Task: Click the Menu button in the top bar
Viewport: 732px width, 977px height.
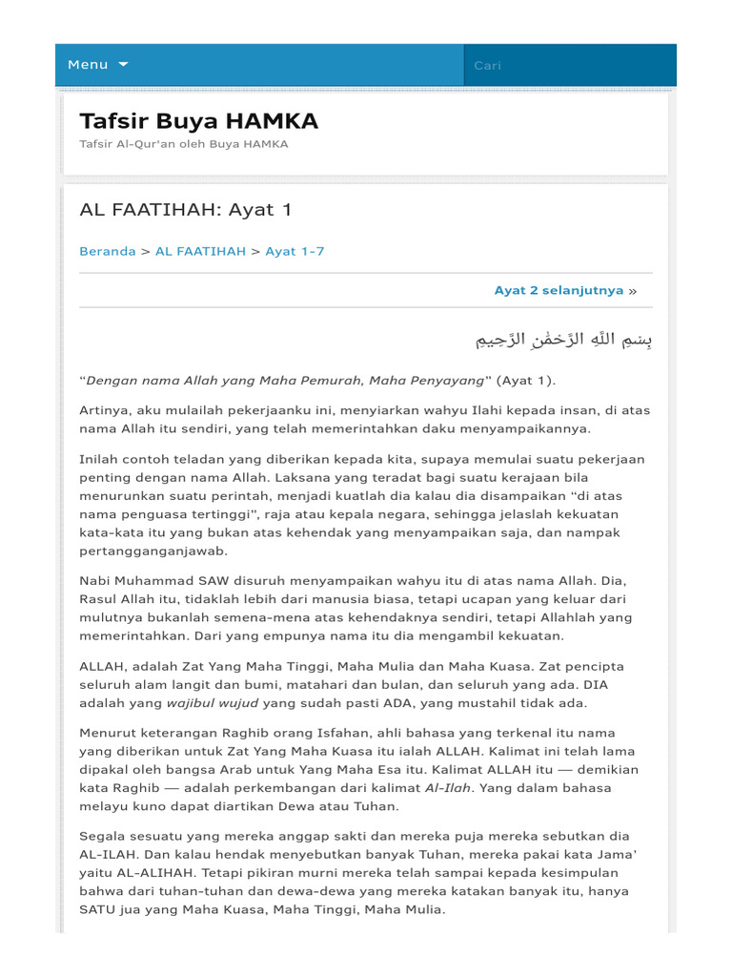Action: click(88, 65)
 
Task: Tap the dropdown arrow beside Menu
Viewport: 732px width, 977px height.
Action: click(123, 65)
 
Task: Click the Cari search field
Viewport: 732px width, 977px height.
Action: click(569, 65)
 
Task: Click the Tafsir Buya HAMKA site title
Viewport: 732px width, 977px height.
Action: click(199, 121)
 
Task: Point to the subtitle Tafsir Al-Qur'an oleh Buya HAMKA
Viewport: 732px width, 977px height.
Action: click(184, 144)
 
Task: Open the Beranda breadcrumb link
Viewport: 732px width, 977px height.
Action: click(108, 251)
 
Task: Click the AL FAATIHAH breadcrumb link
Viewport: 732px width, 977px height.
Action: click(200, 251)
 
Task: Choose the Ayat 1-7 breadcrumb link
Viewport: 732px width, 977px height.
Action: click(295, 251)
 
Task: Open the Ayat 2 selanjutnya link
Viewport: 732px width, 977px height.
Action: click(559, 290)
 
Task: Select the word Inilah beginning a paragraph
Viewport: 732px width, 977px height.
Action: click(99, 460)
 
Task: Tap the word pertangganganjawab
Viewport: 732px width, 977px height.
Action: click(153, 551)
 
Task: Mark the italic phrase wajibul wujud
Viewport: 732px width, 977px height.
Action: click(213, 703)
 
